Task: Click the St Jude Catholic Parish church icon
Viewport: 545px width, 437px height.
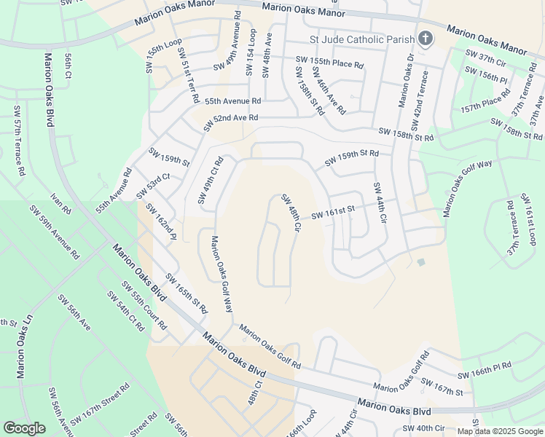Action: [425, 39]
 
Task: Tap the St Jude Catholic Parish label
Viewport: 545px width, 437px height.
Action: [361, 39]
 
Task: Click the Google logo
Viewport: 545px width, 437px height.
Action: [24, 428]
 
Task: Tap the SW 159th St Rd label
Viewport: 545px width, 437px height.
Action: [352, 156]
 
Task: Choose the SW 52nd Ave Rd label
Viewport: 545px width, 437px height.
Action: [231, 122]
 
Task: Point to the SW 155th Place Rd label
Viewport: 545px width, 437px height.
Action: [329, 63]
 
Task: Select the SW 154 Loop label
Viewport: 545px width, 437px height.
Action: [251, 52]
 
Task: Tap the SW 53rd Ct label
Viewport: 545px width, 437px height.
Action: [153, 186]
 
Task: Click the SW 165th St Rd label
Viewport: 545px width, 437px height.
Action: [187, 294]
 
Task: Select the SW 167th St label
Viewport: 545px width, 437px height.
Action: [442, 388]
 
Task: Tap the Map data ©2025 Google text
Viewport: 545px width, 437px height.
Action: [500, 431]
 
